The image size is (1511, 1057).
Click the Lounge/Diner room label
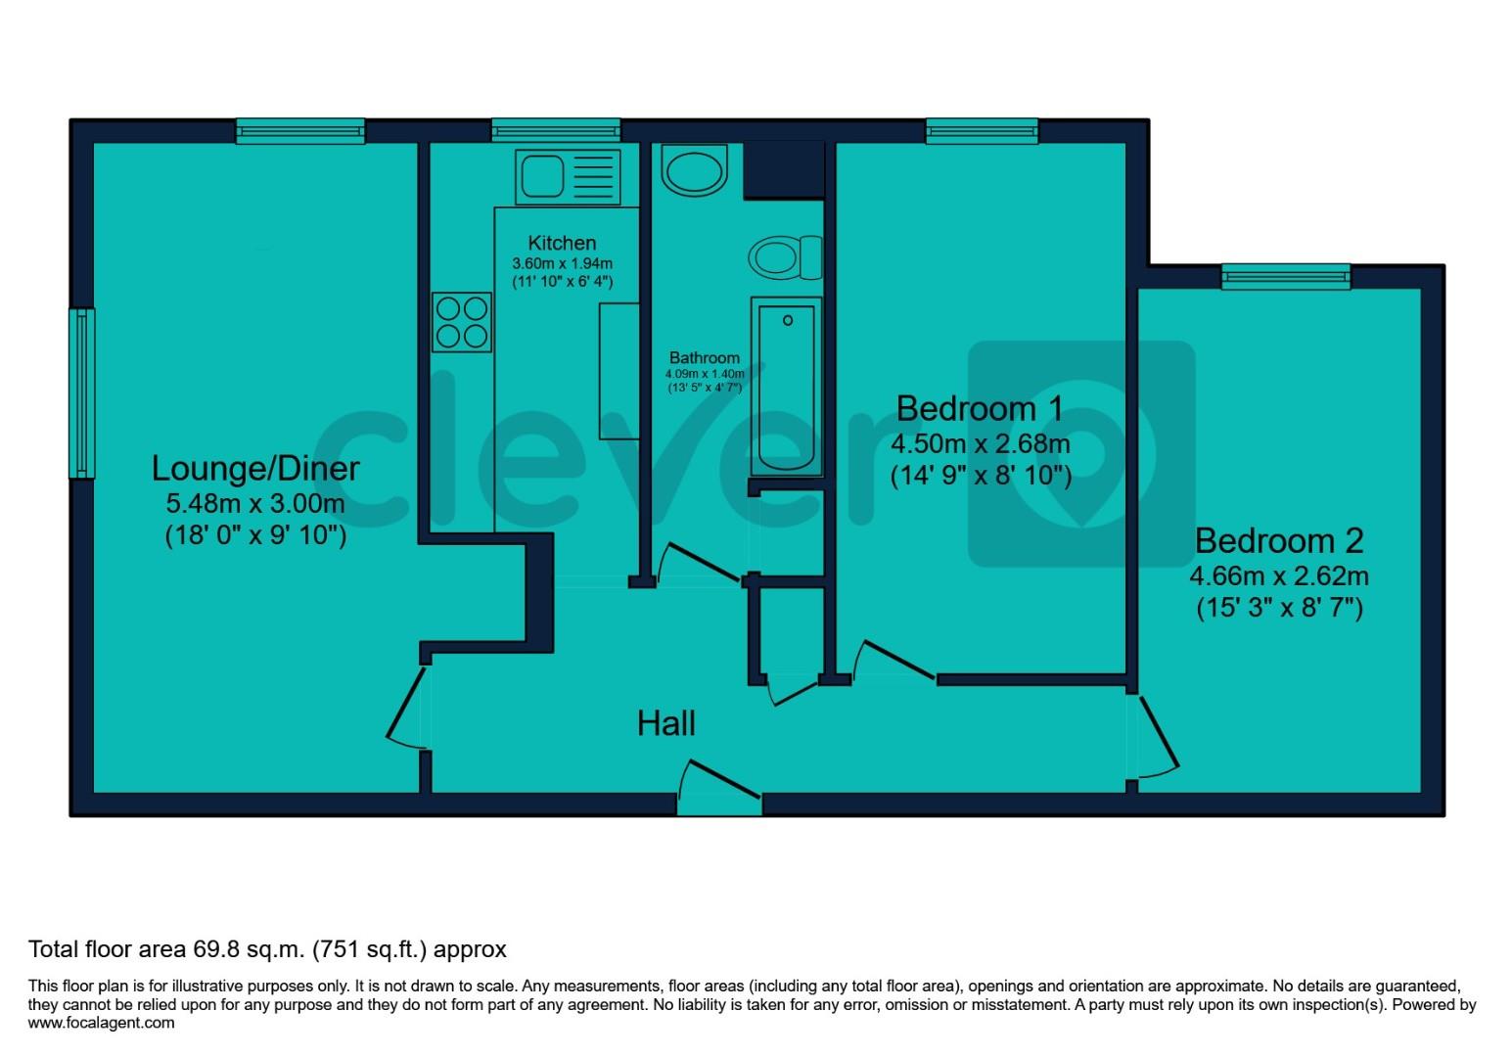pyautogui.click(x=255, y=468)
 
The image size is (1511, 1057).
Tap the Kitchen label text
pyautogui.click(x=562, y=243)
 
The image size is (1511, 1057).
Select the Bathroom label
pyautogui.click(x=704, y=358)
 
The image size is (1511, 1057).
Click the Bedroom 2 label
pyautogui.click(x=1278, y=540)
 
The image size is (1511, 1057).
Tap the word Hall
pyautogui.click(x=666, y=723)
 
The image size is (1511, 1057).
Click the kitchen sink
pyautogui.click(x=569, y=176)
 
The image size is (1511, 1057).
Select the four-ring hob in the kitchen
pyautogui.click(x=462, y=322)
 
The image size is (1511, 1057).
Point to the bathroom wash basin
pyautogui.click(x=694, y=168)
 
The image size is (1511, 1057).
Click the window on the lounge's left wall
pyautogui.click(x=82, y=393)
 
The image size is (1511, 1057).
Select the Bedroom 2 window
pyautogui.click(x=1285, y=277)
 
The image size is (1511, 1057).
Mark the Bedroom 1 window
pyautogui.click(x=981, y=130)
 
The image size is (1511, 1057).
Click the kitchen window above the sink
pyautogui.click(x=556, y=130)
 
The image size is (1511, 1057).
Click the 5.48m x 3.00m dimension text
pyautogui.click(x=255, y=504)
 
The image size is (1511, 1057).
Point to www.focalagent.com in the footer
pyautogui.click(x=102, y=1023)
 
